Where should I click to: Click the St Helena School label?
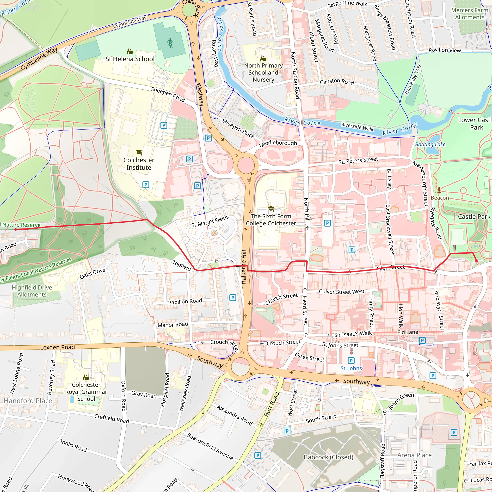[130, 59]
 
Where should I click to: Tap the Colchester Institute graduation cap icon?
[139, 152]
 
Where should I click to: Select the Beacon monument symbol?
[439, 190]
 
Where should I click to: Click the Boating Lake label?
[430, 144]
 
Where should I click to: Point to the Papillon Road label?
[185, 301]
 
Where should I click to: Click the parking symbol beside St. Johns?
[351, 361]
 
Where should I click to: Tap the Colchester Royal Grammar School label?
[86, 392]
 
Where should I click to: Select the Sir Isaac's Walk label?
[353, 334]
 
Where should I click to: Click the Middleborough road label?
[278, 144]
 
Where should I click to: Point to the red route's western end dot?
[16, 229]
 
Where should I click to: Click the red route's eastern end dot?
[477, 261]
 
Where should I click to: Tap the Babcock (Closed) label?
[328, 457]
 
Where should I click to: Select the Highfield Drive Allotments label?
[32, 291]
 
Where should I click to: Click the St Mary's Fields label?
[210, 221]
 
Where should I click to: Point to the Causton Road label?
[337, 82]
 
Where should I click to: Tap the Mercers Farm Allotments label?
[470, 14]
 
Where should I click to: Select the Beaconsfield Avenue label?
[210, 446]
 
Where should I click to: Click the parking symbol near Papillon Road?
[233, 297]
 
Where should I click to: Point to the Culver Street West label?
[342, 292]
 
